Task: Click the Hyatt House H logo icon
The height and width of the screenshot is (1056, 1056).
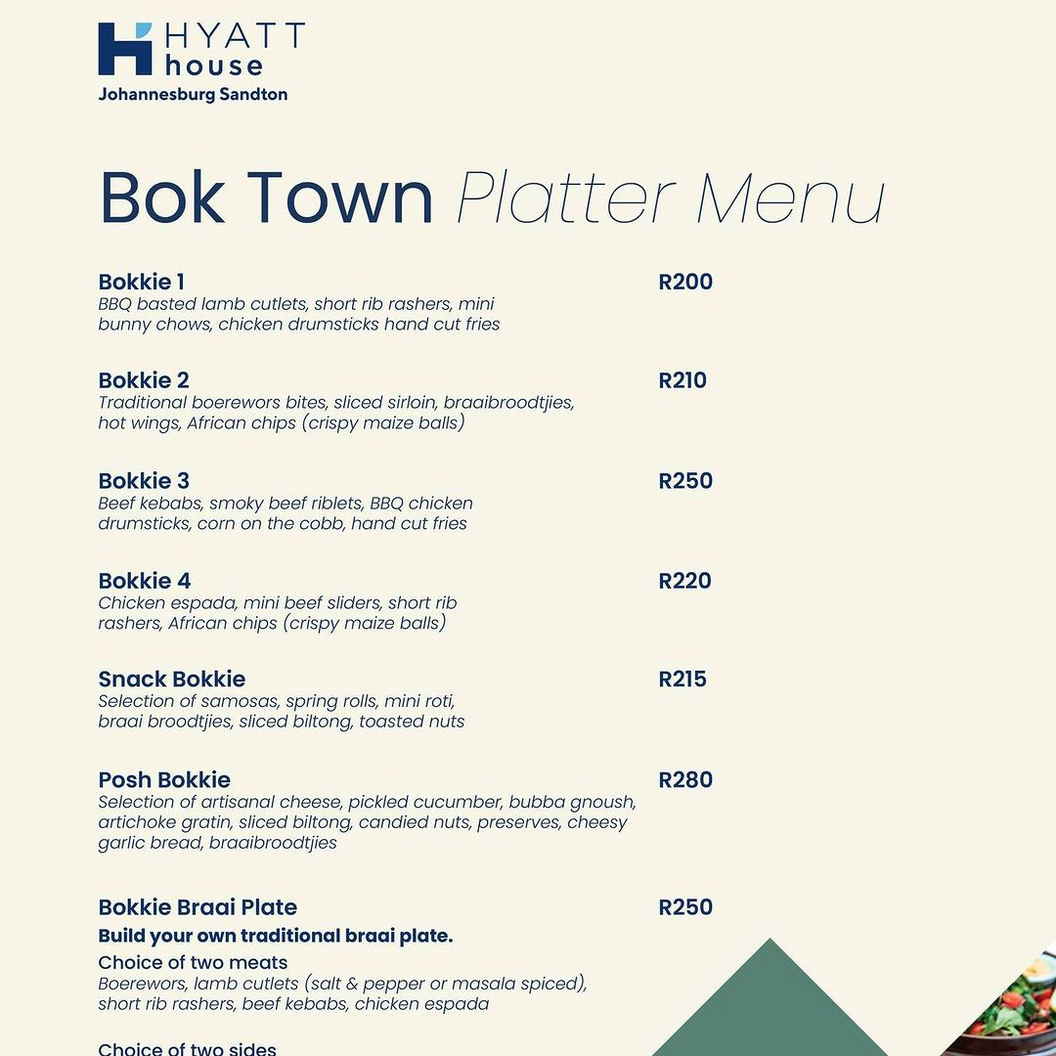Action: pos(125,49)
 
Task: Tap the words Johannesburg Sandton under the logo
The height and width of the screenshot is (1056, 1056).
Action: pos(193,95)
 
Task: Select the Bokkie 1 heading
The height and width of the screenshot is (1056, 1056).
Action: pos(141,283)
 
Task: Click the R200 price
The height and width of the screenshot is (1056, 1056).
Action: pos(685,283)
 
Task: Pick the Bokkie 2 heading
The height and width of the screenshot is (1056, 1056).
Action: pos(144,380)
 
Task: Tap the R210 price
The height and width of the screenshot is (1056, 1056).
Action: pos(682,380)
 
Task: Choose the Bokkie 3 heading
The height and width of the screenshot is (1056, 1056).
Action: pos(144,481)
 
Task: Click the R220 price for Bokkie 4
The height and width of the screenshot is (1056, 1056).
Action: pos(685,581)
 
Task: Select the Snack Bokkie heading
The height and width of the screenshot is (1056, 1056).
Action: pos(171,680)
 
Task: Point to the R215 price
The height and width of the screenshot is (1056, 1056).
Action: pos(682,680)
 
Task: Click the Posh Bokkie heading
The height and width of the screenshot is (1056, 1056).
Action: pos(164,780)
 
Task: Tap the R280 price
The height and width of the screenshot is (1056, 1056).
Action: pos(685,780)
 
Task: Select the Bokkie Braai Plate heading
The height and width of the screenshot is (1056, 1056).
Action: pos(198,907)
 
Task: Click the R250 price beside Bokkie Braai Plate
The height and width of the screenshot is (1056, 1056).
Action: pos(685,907)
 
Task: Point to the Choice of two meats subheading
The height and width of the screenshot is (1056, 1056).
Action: pos(193,963)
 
